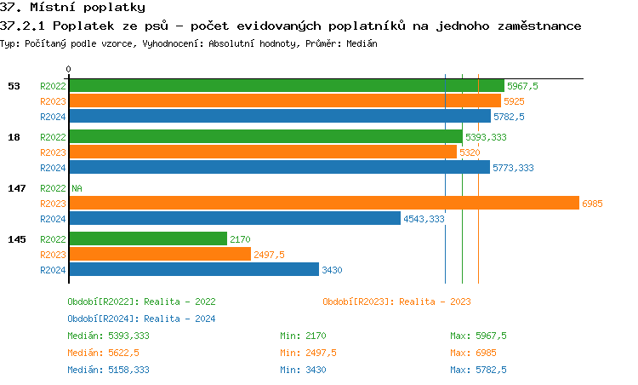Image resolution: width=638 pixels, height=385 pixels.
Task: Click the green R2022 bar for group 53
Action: click(x=286, y=86)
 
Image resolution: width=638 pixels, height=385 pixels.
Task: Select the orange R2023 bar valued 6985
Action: click(x=323, y=203)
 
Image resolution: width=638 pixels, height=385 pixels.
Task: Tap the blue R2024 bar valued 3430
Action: click(x=194, y=270)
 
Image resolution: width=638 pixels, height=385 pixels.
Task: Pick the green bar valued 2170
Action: click(x=148, y=239)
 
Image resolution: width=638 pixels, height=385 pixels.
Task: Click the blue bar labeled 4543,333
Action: click(x=234, y=219)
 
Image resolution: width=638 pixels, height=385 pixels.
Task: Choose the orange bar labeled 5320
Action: click(x=263, y=152)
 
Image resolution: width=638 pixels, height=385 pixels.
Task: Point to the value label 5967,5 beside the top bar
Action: click(x=522, y=86)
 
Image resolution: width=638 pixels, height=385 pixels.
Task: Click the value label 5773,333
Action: click(x=513, y=169)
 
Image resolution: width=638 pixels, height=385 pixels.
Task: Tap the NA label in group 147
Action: click(x=77, y=188)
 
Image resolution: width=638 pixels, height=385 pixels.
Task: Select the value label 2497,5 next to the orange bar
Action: click(x=269, y=255)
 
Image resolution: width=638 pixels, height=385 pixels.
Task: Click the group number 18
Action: click(x=14, y=136)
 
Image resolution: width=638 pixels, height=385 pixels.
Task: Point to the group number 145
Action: click(x=16, y=239)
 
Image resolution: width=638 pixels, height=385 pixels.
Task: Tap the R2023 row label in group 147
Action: click(x=53, y=204)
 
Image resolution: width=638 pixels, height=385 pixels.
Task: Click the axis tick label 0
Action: click(x=69, y=69)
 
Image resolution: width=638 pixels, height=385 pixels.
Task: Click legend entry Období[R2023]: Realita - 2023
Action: click(x=396, y=302)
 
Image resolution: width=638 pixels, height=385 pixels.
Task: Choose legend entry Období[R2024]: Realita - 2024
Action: click(x=141, y=319)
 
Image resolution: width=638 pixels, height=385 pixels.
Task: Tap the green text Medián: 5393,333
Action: click(x=108, y=336)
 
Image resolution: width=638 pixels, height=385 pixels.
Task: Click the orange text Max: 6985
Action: click(x=473, y=353)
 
